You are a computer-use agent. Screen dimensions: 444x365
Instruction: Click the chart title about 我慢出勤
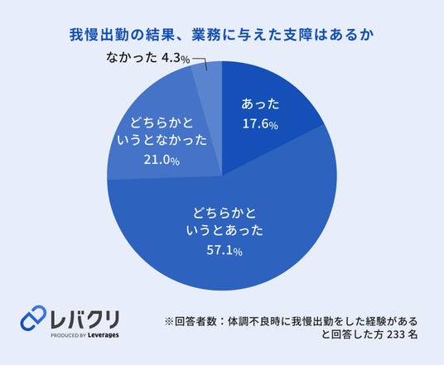222,35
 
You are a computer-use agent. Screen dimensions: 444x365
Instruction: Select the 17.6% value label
260,124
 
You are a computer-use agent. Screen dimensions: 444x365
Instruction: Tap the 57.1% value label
224,251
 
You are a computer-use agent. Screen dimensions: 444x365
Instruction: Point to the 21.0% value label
162,161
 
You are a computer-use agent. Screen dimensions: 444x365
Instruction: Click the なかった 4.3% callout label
147,58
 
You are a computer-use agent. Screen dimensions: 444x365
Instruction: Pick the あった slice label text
260,104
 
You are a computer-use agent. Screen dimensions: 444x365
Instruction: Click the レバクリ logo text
84,319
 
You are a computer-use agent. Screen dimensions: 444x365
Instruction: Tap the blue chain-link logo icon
33,318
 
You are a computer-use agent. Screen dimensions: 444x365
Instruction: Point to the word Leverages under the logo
103,335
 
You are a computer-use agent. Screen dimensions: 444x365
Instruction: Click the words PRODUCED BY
68,335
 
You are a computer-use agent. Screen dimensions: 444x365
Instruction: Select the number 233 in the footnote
395,334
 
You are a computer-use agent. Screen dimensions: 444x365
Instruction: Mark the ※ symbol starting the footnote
169,321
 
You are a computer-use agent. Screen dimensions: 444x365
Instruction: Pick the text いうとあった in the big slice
224,231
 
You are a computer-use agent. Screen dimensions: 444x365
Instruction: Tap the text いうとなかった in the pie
162,141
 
